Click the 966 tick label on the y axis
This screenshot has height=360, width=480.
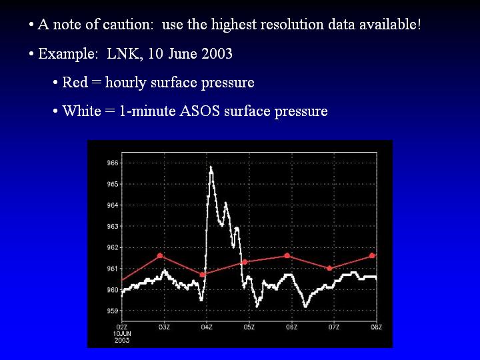pyautogui.click(x=113, y=163)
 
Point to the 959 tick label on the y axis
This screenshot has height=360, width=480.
pyautogui.click(x=113, y=311)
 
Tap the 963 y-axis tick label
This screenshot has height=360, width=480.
pyautogui.click(x=113, y=227)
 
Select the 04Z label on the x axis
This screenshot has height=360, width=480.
pyautogui.click(x=207, y=327)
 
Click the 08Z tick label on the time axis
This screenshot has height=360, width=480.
pyautogui.click(x=377, y=327)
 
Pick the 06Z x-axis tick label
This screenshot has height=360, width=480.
pyautogui.click(x=291, y=327)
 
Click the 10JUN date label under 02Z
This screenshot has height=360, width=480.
pyautogui.click(x=122, y=334)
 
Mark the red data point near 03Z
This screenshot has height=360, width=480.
pyautogui.click(x=160, y=255)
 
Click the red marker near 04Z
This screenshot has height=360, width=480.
pyautogui.click(x=203, y=275)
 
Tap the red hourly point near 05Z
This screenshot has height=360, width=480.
pyautogui.click(x=245, y=262)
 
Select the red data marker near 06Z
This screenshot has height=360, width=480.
pyautogui.click(x=287, y=255)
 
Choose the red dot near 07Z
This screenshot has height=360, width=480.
pyautogui.click(x=330, y=268)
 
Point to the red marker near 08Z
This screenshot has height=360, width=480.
pyautogui.click(x=372, y=255)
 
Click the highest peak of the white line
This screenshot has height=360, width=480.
pyautogui.click(x=211, y=167)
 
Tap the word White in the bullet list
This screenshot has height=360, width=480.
pyautogui.click(x=82, y=111)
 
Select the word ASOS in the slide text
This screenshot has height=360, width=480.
pyautogui.click(x=199, y=111)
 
